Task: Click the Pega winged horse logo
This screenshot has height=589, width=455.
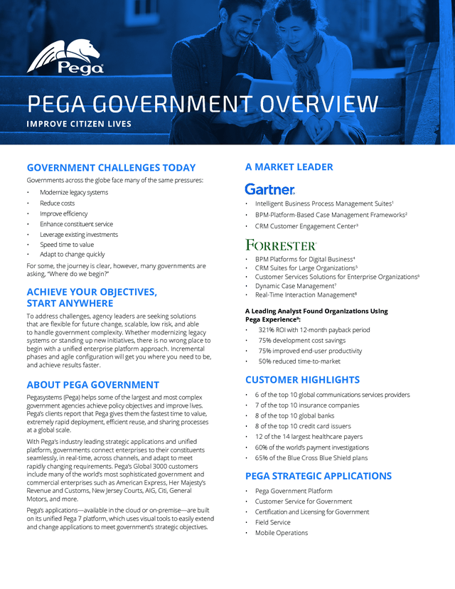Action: [x=65, y=57]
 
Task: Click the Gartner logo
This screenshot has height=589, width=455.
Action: [x=269, y=189]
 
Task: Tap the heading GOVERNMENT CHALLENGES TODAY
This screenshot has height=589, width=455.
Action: [x=111, y=168]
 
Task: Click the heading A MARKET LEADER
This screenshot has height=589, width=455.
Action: [x=289, y=167]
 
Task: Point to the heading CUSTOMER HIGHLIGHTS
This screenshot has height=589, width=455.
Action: [x=302, y=380]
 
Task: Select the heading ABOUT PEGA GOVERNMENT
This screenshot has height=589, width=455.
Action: [x=92, y=385]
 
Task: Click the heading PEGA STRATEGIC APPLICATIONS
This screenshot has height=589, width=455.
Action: [x=318, y=476]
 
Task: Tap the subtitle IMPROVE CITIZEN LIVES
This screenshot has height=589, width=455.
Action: [x=79, y=124]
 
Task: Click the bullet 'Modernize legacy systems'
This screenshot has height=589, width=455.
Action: [x=74, y=193]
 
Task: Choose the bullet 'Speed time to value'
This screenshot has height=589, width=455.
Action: [x=67, y=244]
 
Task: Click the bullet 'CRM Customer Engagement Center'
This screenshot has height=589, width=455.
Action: [x=306, y=226]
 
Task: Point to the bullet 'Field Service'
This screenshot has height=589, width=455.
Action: [x=274, y=522]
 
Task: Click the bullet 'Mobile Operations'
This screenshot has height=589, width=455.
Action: [x=282, y=533]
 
